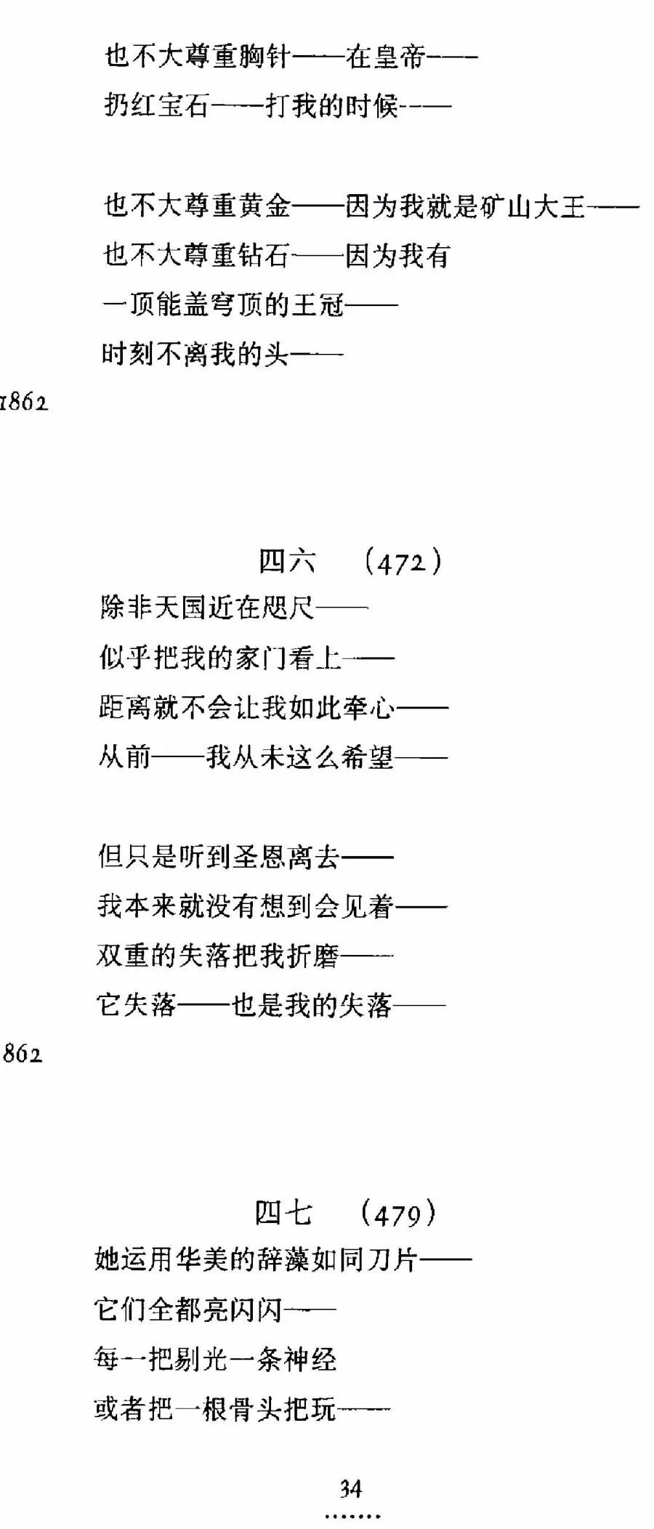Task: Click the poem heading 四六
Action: tap(287, 561)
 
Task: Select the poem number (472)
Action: tap(402, 562)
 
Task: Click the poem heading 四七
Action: tap(283, 1212)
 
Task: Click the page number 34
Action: tap(351, 1489)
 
